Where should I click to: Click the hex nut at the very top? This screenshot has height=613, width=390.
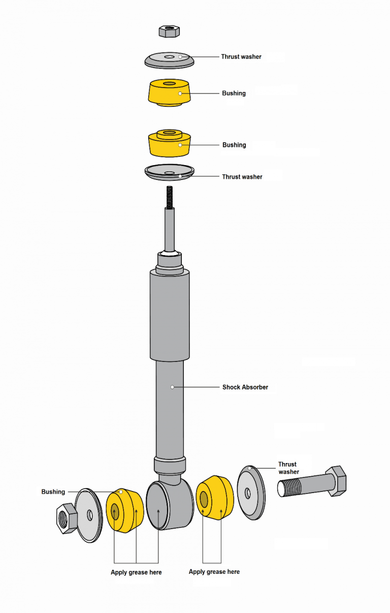[169, 31]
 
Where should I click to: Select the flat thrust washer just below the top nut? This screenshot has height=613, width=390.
[169, 59]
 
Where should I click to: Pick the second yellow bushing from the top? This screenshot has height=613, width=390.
[170, 143]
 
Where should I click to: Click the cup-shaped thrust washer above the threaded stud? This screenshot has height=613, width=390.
[169, 172]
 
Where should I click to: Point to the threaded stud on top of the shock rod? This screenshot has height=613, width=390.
[169, 198]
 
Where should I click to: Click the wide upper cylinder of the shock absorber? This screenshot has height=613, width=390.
[170, 315]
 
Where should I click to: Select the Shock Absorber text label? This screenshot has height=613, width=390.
[245, 387]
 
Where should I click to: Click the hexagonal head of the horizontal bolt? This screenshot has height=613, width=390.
[335, 481]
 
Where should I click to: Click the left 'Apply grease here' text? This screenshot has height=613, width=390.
[136, 572]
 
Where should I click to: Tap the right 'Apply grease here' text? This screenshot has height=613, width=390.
[214, 572]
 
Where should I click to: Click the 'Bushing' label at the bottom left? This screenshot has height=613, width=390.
[53, 492]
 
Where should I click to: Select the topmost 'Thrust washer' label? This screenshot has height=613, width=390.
[241, 57]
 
